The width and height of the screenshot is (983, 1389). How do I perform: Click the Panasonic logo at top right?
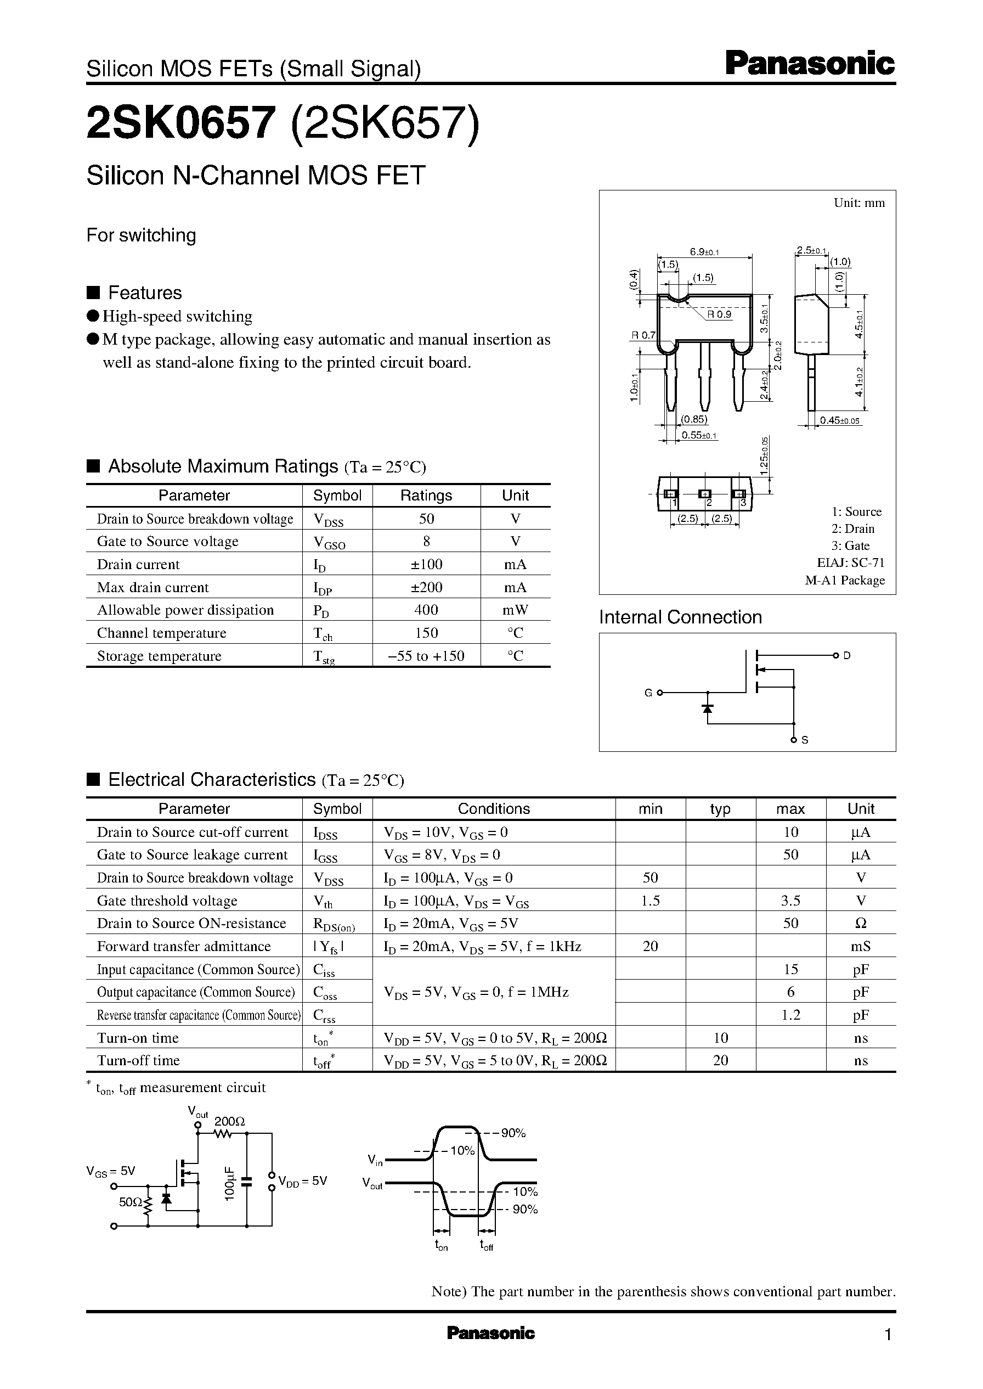(809, 64)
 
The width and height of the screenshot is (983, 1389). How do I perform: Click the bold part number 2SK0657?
(181, 123)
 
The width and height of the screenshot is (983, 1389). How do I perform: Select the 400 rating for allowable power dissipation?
(426, 610)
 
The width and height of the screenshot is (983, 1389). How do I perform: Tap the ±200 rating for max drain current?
(426, 587)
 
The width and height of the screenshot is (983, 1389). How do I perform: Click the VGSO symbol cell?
(329, 542)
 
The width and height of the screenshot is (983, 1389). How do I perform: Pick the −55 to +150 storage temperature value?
(426, 656)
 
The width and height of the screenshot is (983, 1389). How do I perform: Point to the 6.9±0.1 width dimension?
(703, 252)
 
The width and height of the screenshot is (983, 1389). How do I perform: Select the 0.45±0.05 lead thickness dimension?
(839, 421)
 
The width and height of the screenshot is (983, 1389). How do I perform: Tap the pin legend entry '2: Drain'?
(852, 528)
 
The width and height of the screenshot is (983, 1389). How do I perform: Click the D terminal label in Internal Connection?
(847, 655)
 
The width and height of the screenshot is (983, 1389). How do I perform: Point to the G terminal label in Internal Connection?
(648, 693)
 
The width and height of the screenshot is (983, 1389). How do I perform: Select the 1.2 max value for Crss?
(790, 1015)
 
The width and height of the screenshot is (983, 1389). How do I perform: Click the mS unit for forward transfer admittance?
(860, 946)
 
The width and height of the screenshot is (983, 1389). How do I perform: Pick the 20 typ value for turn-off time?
(720, 1060)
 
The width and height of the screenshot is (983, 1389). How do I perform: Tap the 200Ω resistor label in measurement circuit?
(229, 1121)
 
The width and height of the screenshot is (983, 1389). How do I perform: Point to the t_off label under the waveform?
(486, 1246)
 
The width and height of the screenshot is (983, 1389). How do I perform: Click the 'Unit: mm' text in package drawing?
(858, 203)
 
